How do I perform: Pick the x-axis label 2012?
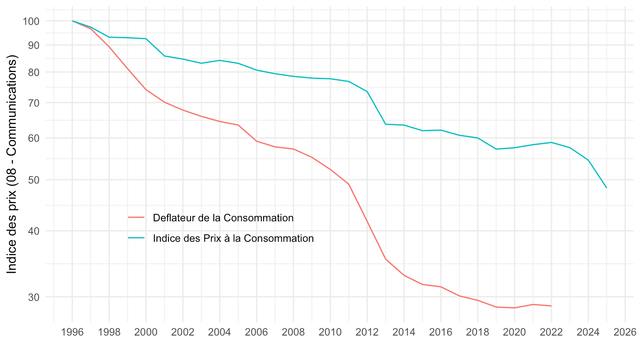click(367, 332)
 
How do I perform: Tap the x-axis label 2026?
click(625, 332)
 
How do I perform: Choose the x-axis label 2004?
click(220, 332)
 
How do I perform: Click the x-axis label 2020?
click(514, 332)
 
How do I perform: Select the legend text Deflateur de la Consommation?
click(223, 218)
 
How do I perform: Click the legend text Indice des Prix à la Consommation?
click(233, 238)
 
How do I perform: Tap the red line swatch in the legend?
click(136, 217)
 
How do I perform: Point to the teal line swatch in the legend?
click(136, 238)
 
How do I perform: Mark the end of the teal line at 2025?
click(607, 188)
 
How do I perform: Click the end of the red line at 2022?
click(551, 306)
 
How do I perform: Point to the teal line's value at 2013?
click(385, 124)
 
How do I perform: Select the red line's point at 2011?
click(348, 184)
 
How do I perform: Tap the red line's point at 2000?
click(146, 90)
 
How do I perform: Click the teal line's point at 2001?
click(164, 56)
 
